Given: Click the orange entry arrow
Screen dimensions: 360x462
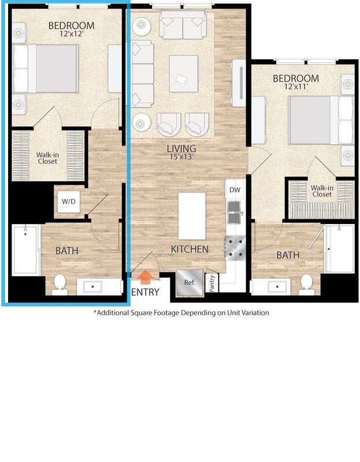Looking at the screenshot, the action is click(x=146, y=277).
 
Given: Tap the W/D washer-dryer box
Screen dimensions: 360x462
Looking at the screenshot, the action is click(x=68, y=202).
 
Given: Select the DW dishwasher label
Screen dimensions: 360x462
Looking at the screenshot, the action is click(x=235, y=190).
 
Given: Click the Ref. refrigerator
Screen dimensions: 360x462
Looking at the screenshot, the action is click(x=190, y=282).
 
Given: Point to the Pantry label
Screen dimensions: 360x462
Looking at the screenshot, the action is click(x=212, y=284).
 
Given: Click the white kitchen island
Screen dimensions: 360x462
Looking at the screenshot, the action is click(x=192, y=216).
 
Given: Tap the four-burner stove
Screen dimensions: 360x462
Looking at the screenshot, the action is click(x=235, y=248).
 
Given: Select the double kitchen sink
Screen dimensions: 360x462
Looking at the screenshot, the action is click(x=235, y=213).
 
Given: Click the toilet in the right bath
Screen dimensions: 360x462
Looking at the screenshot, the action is click(x=306, y=285).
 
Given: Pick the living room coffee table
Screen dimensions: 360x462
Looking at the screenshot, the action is click(x=184, y=74).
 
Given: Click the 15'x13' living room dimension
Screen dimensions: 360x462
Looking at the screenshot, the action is click(x=181, y=157).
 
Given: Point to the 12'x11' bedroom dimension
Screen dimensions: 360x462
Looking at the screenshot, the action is click(x=296, y=87).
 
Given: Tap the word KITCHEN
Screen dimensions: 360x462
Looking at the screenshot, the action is click(x=190, y=249).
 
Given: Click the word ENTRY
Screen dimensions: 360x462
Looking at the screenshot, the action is click(x=145, y=292).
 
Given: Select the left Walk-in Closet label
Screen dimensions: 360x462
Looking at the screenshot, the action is click(x=47, y=158).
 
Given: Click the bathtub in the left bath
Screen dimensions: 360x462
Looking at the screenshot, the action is click(x=26, y=250).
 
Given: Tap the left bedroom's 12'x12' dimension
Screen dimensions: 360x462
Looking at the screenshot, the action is click(x=72, y=34).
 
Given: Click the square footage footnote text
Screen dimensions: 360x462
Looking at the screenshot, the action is click(x=181, y=312).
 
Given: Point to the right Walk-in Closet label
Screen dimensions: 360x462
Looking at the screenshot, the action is click(x=322, y=191).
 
